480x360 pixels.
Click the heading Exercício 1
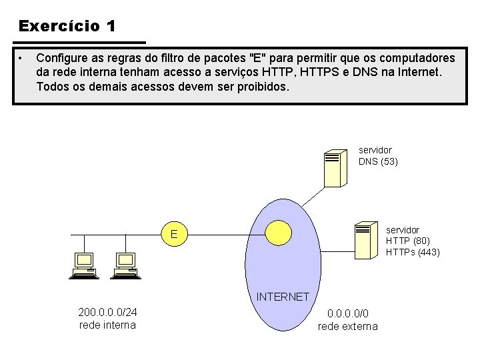[67, 26]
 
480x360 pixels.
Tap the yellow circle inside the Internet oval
[279, 232]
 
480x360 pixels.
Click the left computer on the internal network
[84, 265]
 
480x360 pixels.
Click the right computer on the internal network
[124, 265]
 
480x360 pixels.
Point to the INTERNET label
[283, 297]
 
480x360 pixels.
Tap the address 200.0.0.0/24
[107, 313]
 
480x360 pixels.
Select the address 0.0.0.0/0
[347, 313]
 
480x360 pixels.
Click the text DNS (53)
[378, 161]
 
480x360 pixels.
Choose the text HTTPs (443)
[413, 252]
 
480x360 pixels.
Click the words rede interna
[107, 325]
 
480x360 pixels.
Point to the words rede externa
[347, 326]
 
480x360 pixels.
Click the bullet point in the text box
[22, 58]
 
